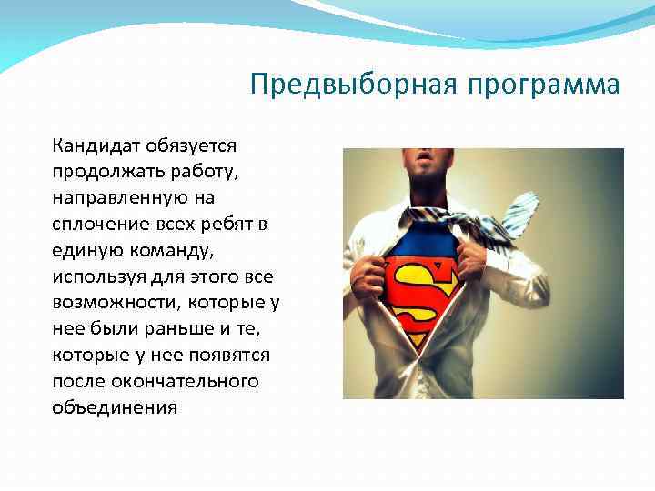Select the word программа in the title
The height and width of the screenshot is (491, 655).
544,86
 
